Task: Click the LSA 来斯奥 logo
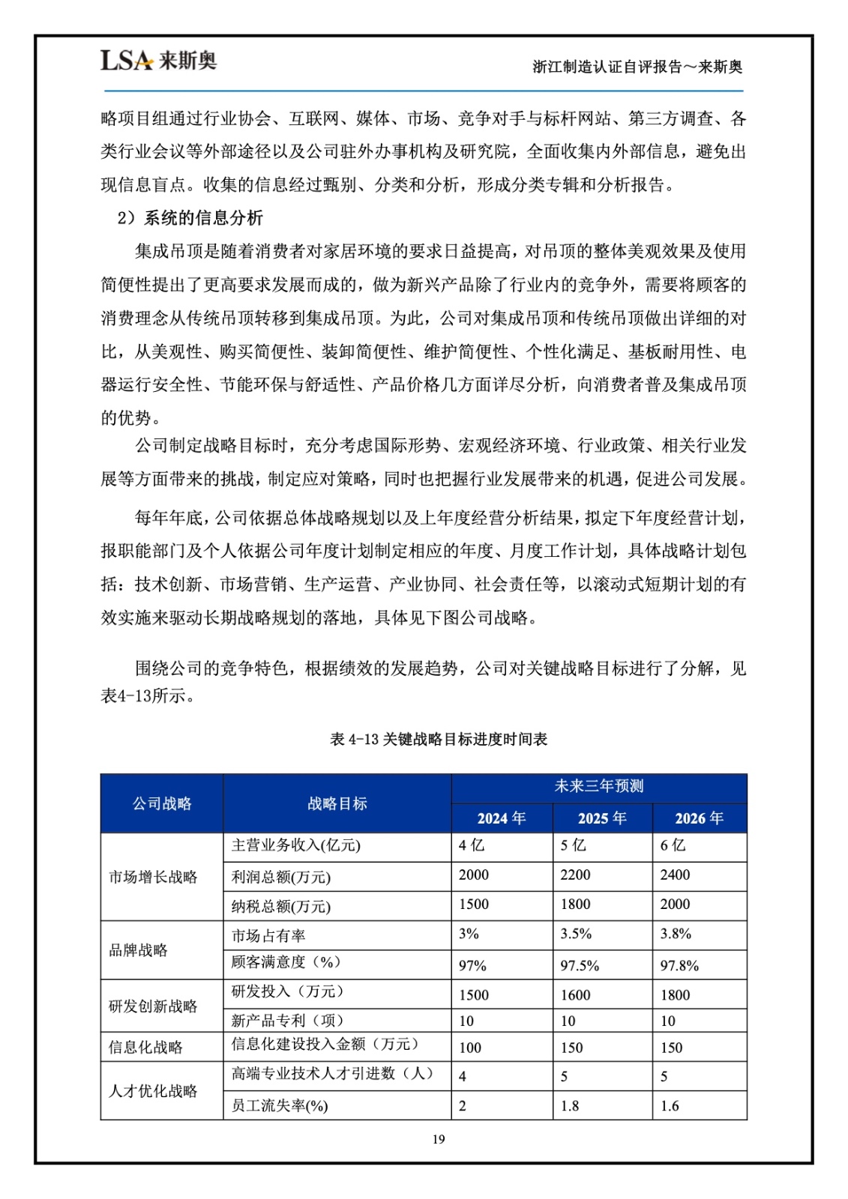158,60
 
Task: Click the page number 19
439,1139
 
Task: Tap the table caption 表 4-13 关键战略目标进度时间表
439,739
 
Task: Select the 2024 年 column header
502,818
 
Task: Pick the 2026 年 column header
699,818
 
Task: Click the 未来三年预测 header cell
598,786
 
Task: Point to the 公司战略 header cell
162,803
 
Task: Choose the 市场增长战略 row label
153,877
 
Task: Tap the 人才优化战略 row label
153,1091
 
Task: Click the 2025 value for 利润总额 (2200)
575,875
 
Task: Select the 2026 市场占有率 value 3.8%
676,934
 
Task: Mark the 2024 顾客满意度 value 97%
472,966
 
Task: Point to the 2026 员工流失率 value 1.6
670,1106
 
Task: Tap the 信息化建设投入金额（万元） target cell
325,1044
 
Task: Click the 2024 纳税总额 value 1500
474,904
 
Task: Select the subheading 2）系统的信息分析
190,218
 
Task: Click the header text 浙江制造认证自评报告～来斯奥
637,67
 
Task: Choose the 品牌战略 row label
139,950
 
